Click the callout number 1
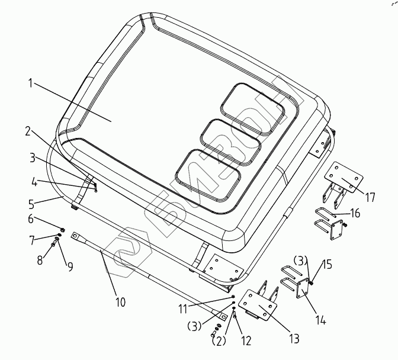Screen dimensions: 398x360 tap(30, 83)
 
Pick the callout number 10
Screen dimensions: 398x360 tap(120, 302)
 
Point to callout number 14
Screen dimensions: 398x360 tap(320, 320)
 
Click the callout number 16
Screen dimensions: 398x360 tap(355, 213)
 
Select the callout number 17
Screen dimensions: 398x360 tap(371, 197)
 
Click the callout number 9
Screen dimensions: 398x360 tap(70, 266)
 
